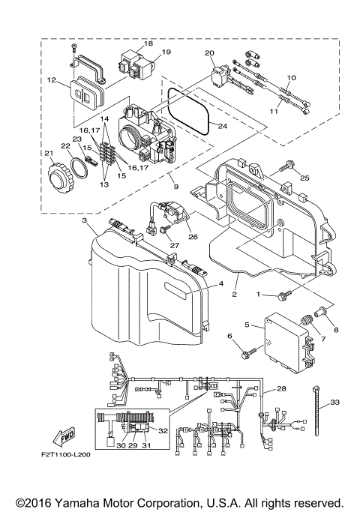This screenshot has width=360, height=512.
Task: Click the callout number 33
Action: (x=334, y=403)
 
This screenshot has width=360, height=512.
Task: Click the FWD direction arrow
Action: (x=64, y=437)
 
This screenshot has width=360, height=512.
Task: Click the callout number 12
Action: (x=52, y=79)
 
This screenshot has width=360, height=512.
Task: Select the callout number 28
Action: (x=282, y=389)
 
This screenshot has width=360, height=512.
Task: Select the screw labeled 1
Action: (x=285, y=295)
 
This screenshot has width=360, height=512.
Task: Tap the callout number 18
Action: (x=148, y=43)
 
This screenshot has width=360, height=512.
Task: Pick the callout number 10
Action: (x=292, y=77)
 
